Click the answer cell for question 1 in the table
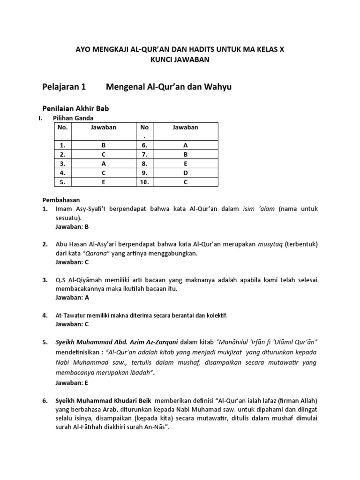104,145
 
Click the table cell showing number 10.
144,182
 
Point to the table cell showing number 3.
62,164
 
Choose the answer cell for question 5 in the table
104,182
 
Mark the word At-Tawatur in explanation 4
71,315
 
